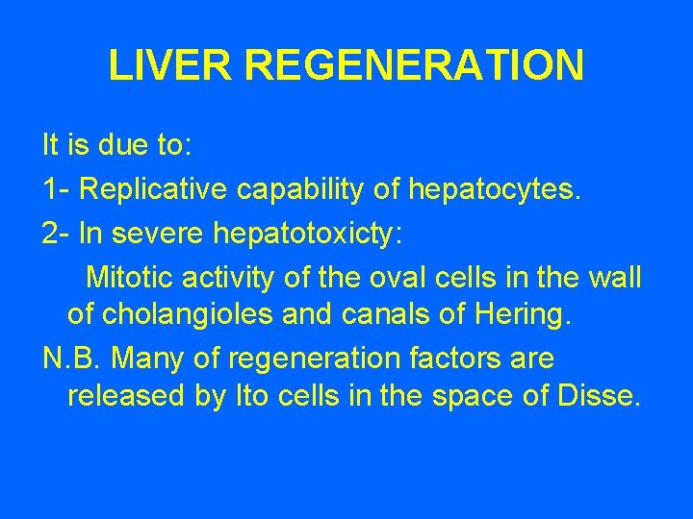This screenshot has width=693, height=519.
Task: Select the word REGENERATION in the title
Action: [414, 65]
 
